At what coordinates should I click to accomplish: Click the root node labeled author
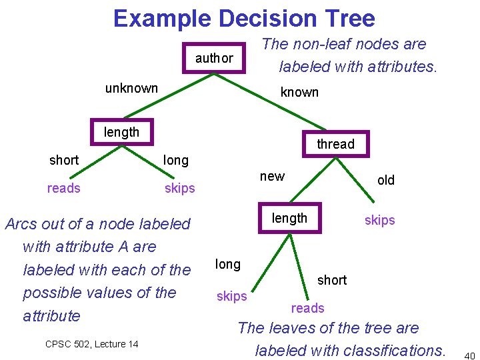(214, 58)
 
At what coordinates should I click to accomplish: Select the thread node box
(335, 144)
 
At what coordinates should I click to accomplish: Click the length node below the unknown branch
(121, 132)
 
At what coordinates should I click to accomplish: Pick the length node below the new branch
(289, 218)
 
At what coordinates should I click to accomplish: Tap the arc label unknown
(131, 88)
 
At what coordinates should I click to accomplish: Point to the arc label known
(299, 92)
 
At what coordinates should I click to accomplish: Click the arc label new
(272, 176)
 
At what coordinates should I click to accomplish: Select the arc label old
(385, 180)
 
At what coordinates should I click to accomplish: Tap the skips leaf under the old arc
(379, 220)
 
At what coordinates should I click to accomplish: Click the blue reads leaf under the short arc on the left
(63, 188)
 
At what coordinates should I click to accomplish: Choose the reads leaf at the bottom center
(307, 308)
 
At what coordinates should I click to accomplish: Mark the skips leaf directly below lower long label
(231, 296)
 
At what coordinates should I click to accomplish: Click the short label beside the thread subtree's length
(331, 280)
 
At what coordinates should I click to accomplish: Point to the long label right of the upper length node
(176, 160)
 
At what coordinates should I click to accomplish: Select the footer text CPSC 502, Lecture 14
(91, 344)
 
